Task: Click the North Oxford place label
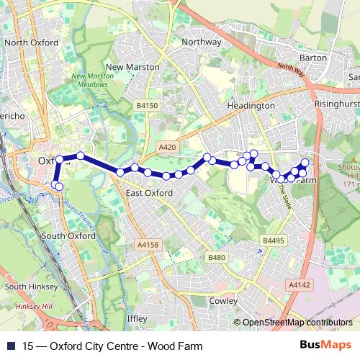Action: click(31, 42)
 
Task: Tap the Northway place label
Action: click(202, 42)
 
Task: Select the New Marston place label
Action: click(132, 66)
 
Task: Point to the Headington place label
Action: click(252, 105)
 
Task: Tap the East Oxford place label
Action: click(149, 193)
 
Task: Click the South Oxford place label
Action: click(68, 235)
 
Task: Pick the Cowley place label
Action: click(224, 300)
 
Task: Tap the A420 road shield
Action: click(167, 147)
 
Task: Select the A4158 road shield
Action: click(146, 246)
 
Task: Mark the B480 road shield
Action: click(217, 257)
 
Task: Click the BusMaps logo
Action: click(330, 345)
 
